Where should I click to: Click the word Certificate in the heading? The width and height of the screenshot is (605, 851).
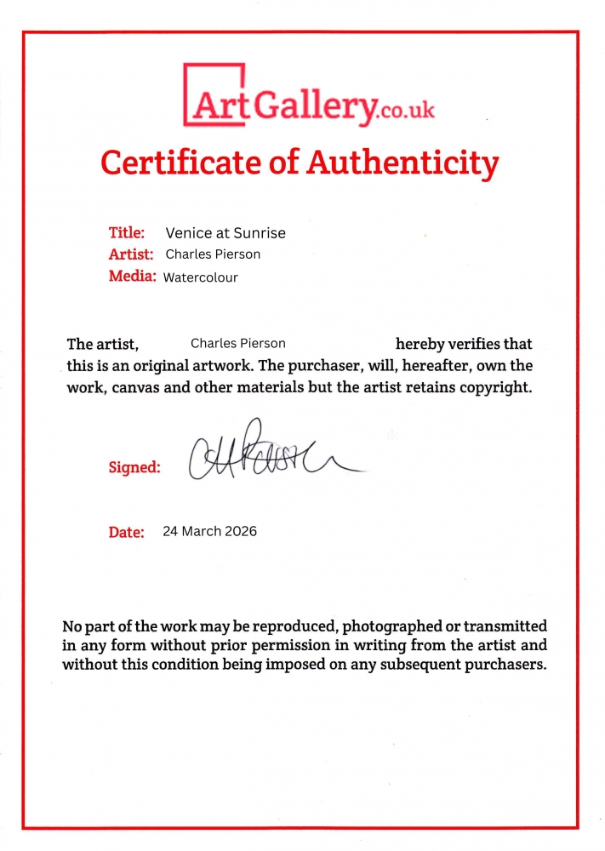[175, 162]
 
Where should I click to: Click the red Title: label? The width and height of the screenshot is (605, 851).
[127, 232]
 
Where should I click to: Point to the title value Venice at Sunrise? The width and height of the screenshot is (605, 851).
[225, 233]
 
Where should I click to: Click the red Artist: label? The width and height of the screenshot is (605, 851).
[131, 254]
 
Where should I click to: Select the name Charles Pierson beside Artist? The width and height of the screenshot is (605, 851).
[213, 254]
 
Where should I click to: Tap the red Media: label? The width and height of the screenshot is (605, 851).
[132, 276]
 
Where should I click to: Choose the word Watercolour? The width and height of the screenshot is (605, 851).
[201, 277]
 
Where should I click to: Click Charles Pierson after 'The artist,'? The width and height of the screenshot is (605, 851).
[238, 344]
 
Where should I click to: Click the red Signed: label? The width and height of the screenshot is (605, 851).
[134, 467]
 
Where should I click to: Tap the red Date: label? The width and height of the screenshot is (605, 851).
[126, 533]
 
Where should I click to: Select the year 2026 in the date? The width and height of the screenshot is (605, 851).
[241, 532]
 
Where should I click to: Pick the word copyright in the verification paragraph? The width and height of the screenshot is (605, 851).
[495, 389]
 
